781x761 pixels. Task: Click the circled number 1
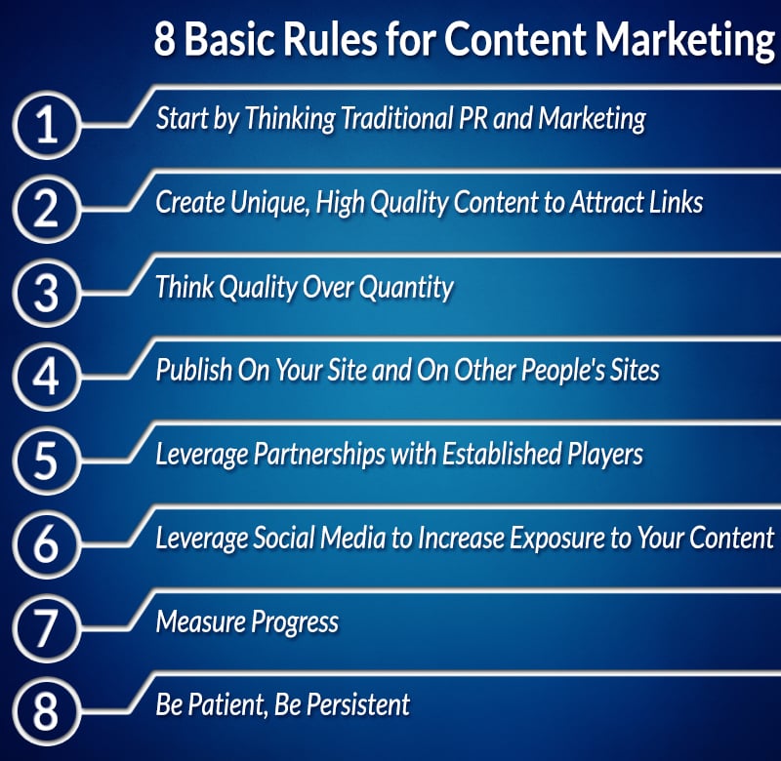pos(46,125)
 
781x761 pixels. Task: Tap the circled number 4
pos(46,377)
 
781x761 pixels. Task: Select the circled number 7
pos(46,628)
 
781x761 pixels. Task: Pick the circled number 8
pos(46,711)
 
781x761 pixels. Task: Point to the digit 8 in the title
pos(165,39)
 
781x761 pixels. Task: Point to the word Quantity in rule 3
pos(406,288)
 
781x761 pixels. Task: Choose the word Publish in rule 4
pos(193,371)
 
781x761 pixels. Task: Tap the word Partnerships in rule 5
pos(319,455)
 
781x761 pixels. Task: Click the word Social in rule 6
pos(284,538)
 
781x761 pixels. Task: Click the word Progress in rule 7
pos(295,622)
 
